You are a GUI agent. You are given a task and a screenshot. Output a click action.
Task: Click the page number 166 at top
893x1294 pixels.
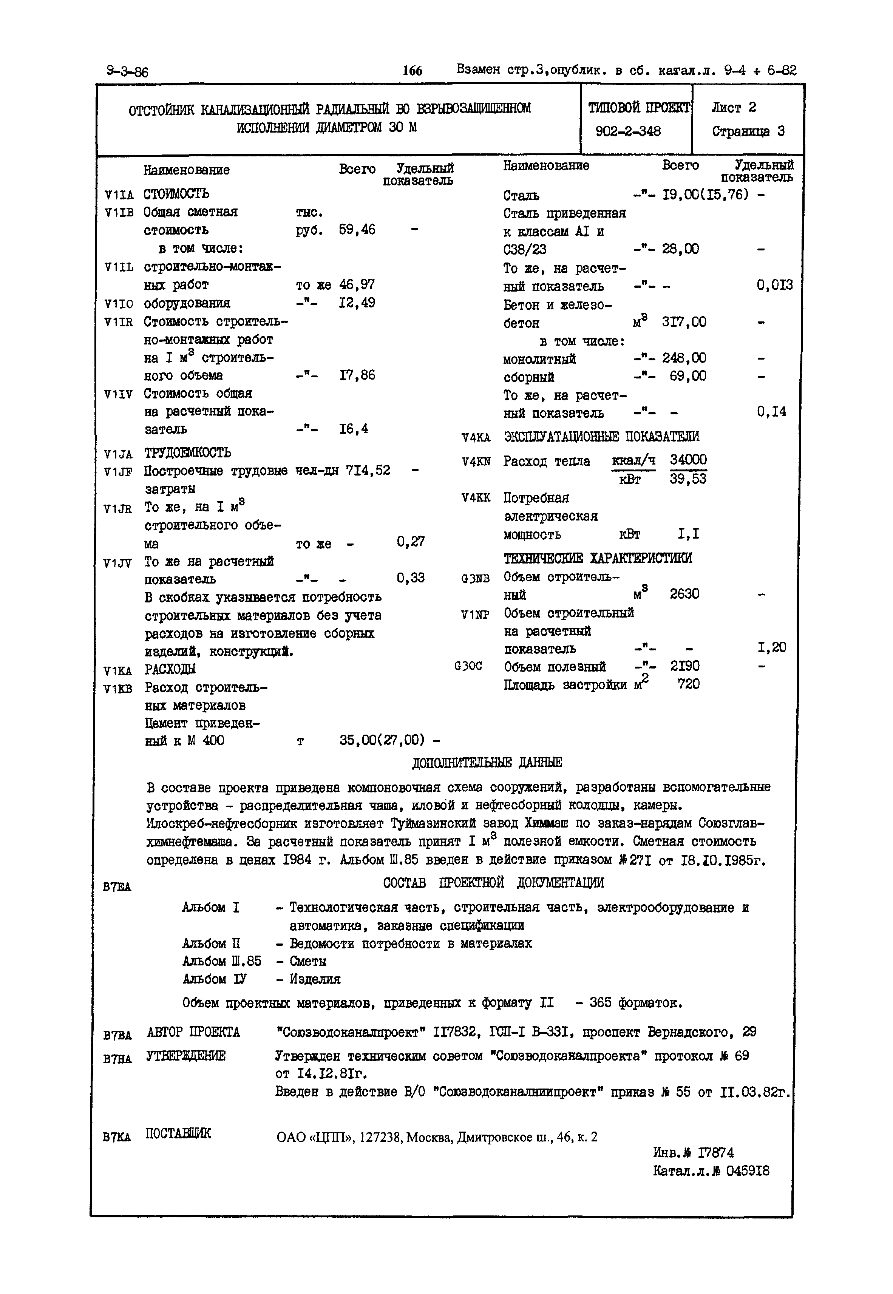tap(413, 71)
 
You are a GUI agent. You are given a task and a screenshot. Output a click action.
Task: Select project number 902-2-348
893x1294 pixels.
tap(628, 131)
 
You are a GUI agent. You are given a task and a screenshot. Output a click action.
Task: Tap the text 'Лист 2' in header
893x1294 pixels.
tap(734, 107)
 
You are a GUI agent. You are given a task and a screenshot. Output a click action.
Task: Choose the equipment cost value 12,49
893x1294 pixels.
tap(357, 303)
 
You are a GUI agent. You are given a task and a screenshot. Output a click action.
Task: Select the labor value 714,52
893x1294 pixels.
tap(368, 471)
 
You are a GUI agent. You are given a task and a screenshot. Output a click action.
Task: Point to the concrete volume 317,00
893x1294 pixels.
tap(684, 322)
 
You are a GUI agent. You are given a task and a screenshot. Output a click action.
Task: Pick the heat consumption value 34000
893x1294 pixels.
tap(688, 460)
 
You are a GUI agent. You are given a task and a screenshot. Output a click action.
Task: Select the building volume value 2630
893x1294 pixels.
tap(684, 594)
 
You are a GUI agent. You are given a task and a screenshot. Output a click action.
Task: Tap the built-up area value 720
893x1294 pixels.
tap(688, 684)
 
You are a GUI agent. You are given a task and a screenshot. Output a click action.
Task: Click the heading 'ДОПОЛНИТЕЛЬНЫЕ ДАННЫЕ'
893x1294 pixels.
tap(487, 763)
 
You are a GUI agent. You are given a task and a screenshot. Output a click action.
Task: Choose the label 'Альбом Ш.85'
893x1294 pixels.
tap(222, 961)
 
